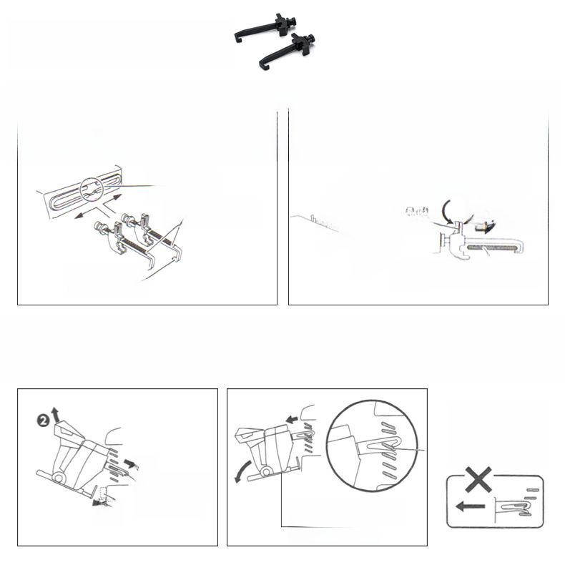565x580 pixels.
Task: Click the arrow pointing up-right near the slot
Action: pos(112,200)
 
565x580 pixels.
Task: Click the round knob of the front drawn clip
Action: pos(99,225)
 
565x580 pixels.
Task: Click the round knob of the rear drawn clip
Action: pos(126,217)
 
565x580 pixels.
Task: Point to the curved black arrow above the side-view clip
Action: pos(447,212)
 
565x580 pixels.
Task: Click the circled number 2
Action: pos(44,421)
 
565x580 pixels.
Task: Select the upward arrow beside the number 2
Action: pos(55,414)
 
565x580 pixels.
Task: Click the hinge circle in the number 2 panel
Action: pos(58,478)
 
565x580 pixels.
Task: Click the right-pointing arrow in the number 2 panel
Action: pos(131,463)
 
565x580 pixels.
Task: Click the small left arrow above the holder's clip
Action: pos(292,420)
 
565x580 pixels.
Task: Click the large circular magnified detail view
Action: pos(372,446)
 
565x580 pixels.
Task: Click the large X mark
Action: pos(478,479)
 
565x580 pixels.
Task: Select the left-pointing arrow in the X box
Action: pos(470,506)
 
